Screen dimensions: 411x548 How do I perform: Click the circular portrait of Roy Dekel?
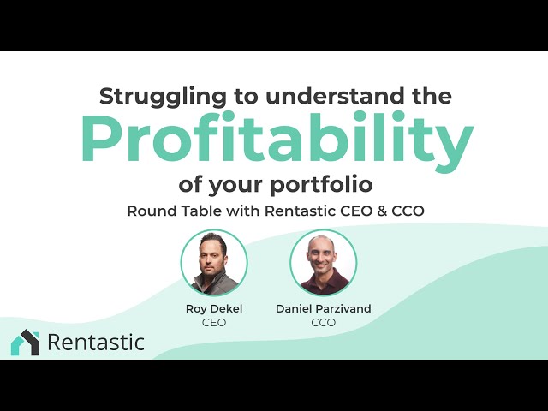214,262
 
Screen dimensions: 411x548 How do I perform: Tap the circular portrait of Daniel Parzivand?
323,262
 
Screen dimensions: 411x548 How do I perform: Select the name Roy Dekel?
214,307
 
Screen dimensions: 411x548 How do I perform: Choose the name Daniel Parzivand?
324,307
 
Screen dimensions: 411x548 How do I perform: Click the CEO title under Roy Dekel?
214,322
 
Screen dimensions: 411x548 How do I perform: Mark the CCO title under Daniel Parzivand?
324,322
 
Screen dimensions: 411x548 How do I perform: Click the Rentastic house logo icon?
25,342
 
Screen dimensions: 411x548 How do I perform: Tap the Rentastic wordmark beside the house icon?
96,342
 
